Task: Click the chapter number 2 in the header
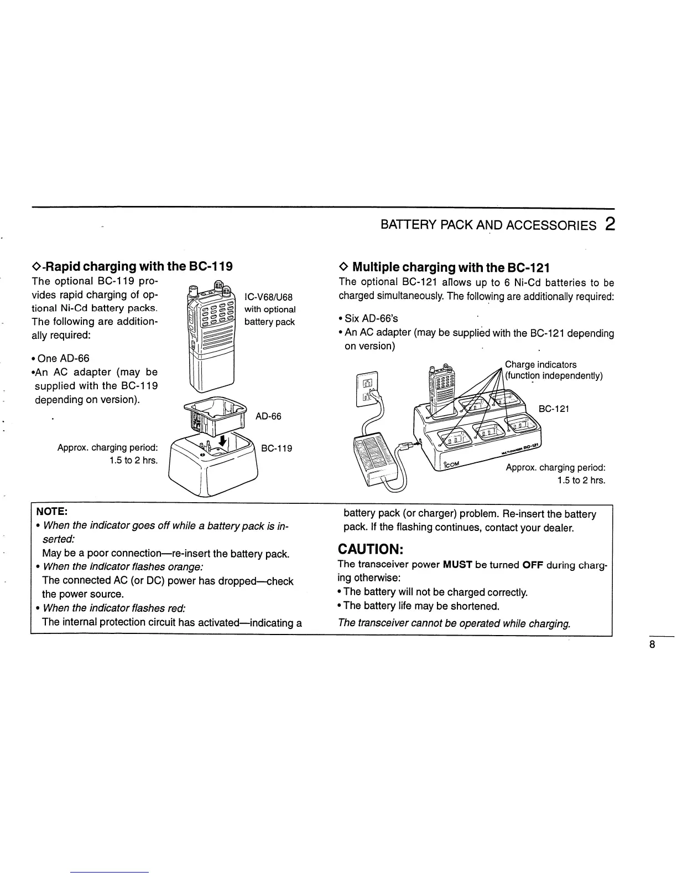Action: click(x=610, y=224)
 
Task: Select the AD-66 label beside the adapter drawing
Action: click(x=268, y=416)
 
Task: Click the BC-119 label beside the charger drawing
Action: click(x=276, y=448)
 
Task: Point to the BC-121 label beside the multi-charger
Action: click(x=554, y=409)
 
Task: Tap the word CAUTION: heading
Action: click(x=372, y=549)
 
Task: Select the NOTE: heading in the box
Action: click(x=51, y=511)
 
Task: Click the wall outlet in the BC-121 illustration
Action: click(x=367, y=388)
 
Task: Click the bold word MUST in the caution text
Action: click(x=457, y=565)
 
